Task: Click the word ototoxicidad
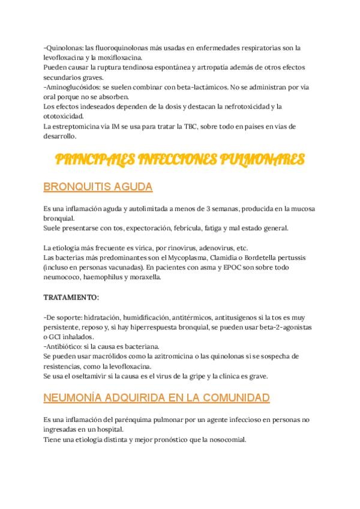64,116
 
